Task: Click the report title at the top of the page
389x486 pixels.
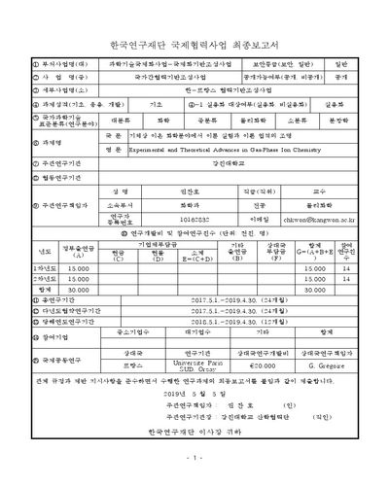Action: coord(194,45)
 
